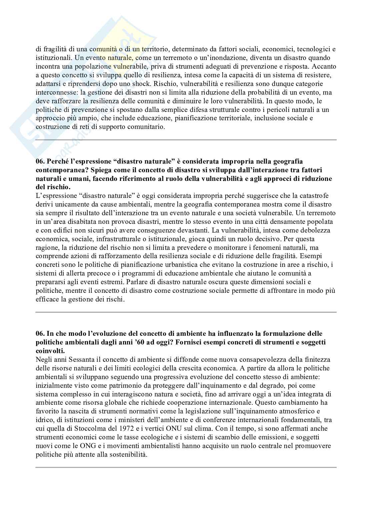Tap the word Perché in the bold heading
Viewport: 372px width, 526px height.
coord(57,161)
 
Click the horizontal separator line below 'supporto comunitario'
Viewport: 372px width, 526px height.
coord(186,140)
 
